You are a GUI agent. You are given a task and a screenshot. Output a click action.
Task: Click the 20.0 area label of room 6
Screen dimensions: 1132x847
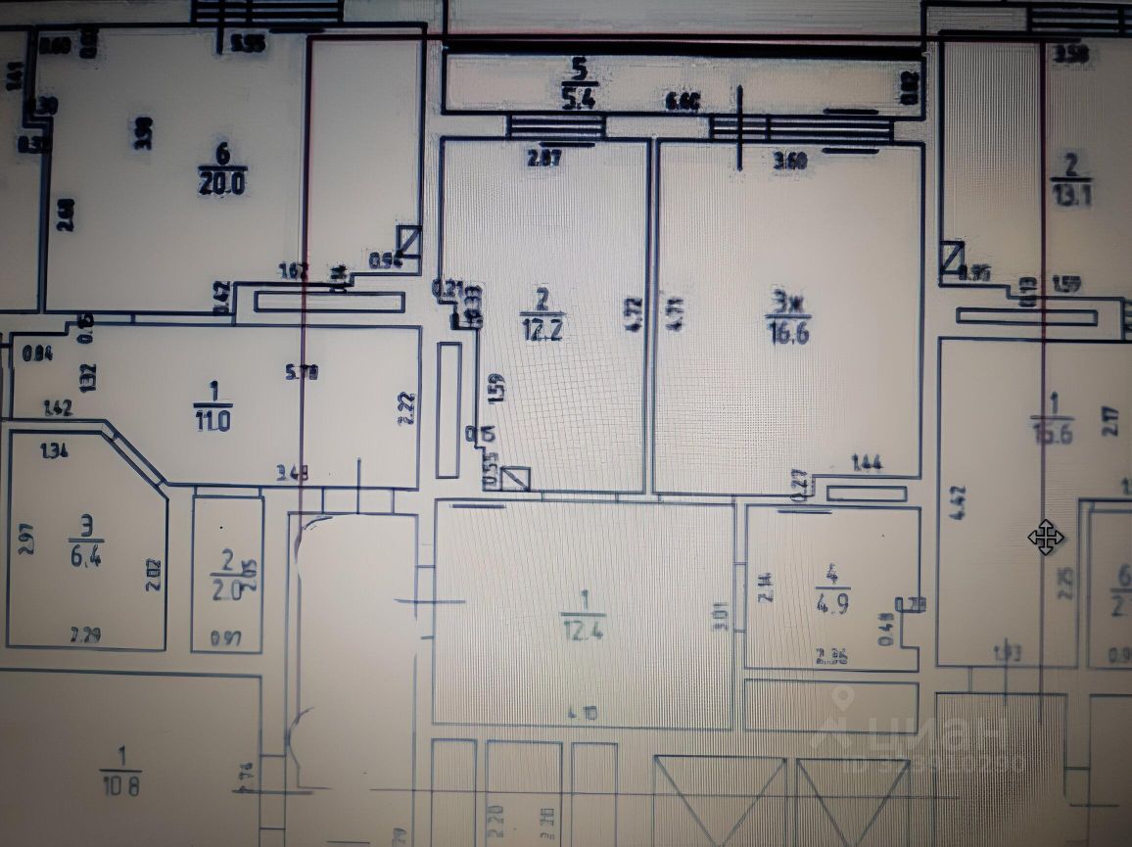pyautogui.click(x=221, y=182)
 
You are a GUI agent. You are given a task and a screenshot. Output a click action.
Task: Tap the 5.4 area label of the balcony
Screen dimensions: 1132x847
pyautogui.click(x=580, y=97)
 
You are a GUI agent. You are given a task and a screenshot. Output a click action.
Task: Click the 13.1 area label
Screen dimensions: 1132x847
pyautogui.click(x=1070, y=195)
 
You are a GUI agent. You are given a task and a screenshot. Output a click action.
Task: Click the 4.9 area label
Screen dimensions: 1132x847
pyautogui.click(x=833, y=604)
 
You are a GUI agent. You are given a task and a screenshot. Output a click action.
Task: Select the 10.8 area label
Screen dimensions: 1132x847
pyautogui.click(x=121, y=785)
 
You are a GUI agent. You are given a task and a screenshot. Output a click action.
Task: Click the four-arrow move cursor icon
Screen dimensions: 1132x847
pyautogui.click(x=1046, y=538)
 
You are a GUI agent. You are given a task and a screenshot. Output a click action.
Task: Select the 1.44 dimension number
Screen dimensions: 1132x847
pyautogui.click(x=868, y=463)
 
